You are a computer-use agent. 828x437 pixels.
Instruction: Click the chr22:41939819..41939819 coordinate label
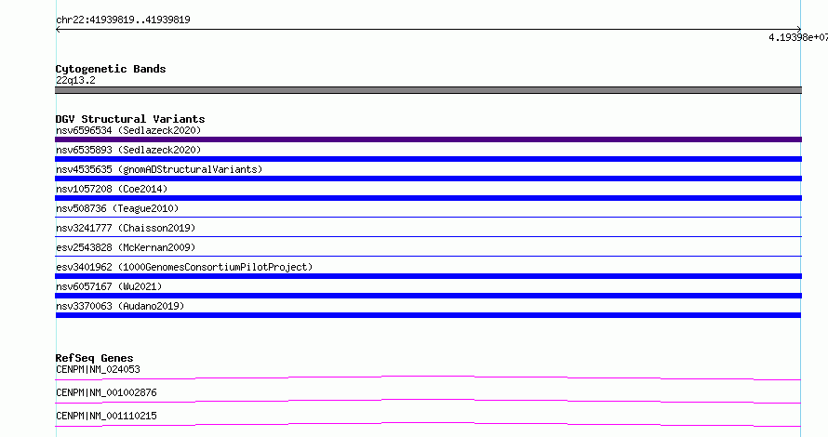click(x=123, y=20)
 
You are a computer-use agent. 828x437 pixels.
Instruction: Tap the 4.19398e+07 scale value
click(x=798, y=37)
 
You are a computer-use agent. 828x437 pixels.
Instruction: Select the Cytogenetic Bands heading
click(x=111, y=69)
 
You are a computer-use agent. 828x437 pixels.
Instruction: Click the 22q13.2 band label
click(x=75, y=80)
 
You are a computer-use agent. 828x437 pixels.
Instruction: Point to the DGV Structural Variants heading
click(x=130, y=119)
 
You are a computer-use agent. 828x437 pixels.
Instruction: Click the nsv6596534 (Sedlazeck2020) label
click(x=128, y=130)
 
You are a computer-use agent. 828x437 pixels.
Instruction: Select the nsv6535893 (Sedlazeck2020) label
click(x=128, y=150)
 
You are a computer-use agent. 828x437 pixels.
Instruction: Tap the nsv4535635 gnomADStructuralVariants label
click(x=159, y=169)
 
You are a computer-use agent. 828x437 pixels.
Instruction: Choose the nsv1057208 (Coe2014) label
click(x=112, y=189)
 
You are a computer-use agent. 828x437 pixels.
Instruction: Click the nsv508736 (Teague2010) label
click(x=117, y=208)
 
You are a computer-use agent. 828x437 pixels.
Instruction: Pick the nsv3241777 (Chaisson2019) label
click(x=126, y=228)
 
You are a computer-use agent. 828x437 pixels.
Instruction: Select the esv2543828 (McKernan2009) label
click(x=126, y=247)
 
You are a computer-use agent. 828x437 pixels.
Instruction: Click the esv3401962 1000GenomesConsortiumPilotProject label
click(x=184, y=267)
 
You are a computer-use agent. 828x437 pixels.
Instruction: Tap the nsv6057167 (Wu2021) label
click(x=109, y=286)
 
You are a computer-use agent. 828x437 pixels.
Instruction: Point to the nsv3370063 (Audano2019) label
click(x=120, y=306)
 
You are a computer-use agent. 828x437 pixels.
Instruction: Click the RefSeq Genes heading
click(x=94, y=358)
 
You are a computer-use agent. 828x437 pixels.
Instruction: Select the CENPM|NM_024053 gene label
click(x=98, y=369)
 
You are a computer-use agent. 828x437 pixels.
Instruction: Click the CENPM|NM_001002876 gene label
click(x=106, y=392)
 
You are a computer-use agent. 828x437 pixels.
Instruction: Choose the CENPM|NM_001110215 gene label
click(x=106, y=416)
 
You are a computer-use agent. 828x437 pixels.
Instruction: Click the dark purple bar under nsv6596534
click(x=428, y=139)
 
